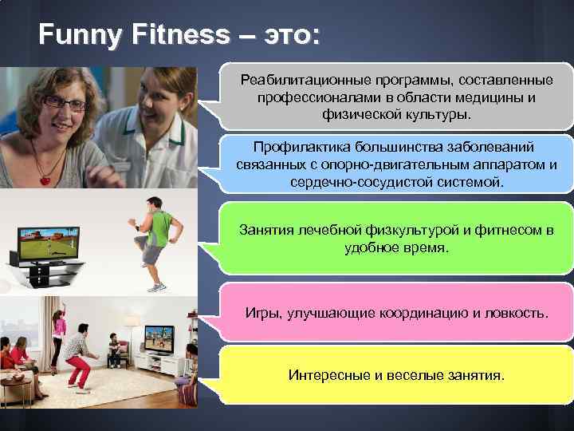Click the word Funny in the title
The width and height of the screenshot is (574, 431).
(77, 34)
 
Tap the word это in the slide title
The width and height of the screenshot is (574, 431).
(287, 34)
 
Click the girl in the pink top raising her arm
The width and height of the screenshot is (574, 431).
(59, 335)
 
